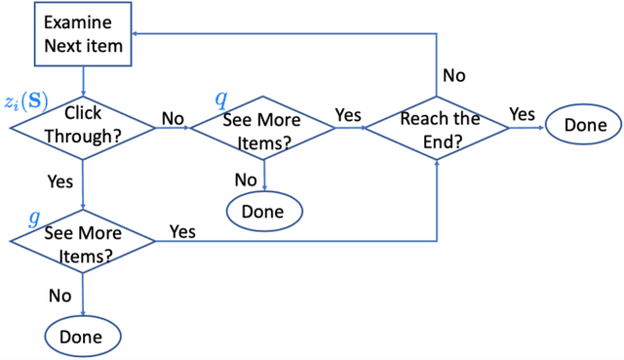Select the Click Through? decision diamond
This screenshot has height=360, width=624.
tap(83, 125)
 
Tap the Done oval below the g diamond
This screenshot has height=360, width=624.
tap(82, 336)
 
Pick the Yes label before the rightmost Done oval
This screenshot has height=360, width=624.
tap(523, 115)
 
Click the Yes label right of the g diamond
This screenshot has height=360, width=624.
tap(182, 231)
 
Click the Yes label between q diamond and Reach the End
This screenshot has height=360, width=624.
tap(348, 115)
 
